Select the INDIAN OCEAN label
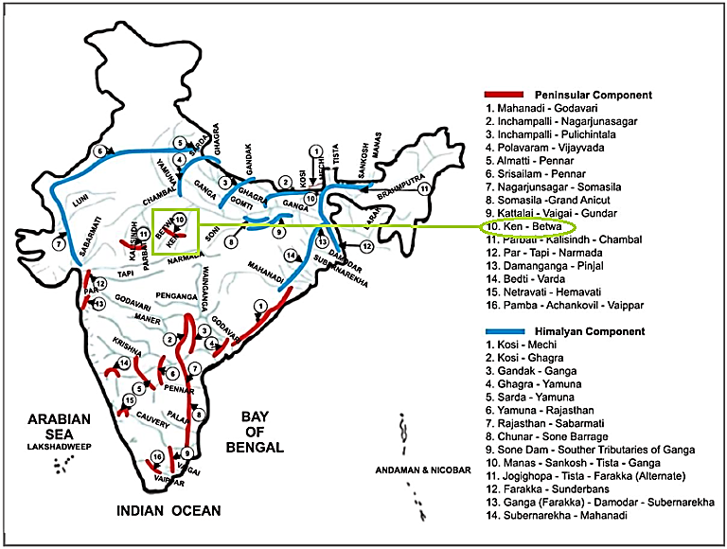[x=168, y=511]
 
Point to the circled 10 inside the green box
[x=180, y=220]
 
